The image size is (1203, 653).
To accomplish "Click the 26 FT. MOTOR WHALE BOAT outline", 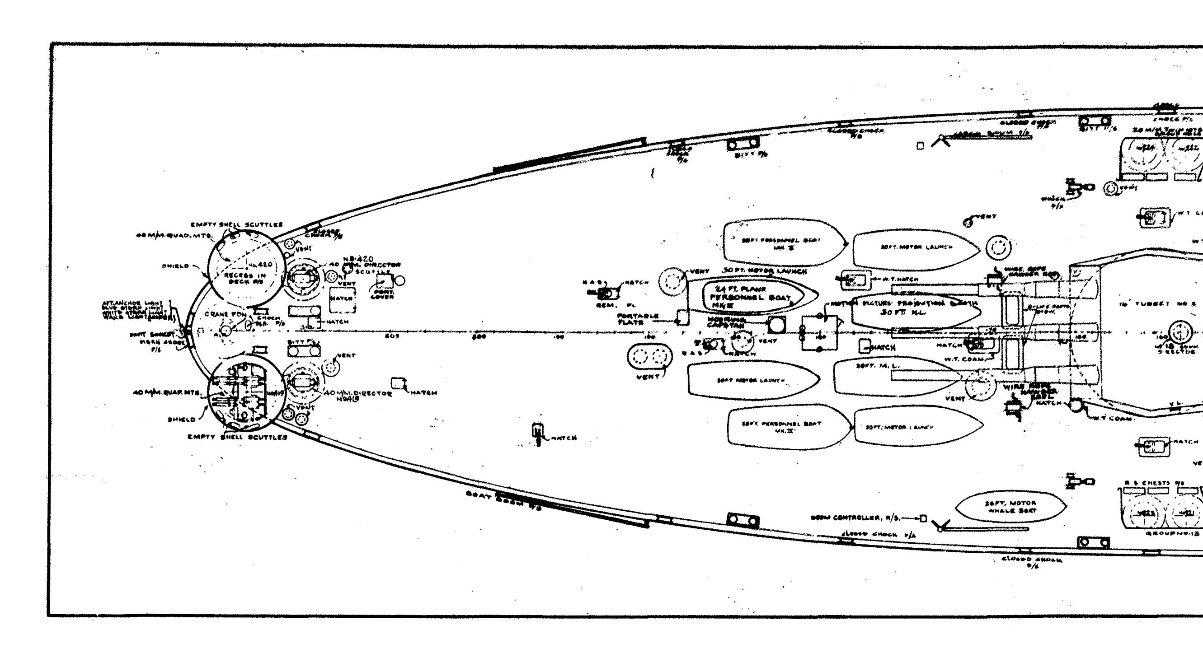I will [1010, 507].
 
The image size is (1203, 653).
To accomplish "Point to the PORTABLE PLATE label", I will [638, 319].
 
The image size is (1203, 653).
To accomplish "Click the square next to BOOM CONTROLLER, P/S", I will [923, 518].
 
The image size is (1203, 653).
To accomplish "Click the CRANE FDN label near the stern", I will [225, 315].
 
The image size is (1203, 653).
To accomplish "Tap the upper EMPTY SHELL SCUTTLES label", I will [236, 224].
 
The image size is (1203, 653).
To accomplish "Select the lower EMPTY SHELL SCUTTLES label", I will [237, 437].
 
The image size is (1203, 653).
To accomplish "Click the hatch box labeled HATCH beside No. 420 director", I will [342, 299].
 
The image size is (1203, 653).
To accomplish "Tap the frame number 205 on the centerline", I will [392, 336].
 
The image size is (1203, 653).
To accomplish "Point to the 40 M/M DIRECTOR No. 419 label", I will [357, 395].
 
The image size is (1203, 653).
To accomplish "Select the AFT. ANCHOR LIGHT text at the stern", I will [132, 304].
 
